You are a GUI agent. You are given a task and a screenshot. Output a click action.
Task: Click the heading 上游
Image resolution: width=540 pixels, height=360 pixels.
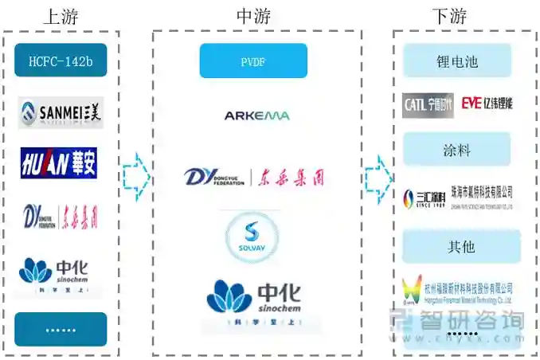tap(61, 15)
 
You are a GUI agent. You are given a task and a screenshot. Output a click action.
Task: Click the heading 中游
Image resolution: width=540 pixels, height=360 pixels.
tap(256, 15)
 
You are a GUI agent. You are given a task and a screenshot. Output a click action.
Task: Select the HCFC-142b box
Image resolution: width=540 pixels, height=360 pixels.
tap(61, 60)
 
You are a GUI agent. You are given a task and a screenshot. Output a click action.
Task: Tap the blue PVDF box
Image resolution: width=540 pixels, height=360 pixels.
tap(253, 61)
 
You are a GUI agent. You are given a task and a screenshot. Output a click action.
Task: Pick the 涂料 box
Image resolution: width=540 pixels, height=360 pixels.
tap(457, 149)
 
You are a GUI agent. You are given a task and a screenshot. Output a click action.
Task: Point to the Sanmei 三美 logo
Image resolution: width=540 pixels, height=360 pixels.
tap(61, 112)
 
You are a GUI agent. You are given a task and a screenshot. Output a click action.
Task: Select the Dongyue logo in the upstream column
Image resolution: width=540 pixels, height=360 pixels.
tap(61, 216)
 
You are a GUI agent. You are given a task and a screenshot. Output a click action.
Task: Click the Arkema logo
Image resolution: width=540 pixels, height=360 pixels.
tap(256, 115)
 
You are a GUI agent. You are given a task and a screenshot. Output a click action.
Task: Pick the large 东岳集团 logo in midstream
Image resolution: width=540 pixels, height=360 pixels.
tap(254, 176)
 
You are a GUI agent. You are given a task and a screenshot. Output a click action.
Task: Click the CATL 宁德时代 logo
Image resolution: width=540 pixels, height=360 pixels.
tap(428, 104)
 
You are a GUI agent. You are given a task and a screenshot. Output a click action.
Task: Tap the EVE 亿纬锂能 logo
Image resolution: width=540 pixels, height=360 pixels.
tap(487, 104)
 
